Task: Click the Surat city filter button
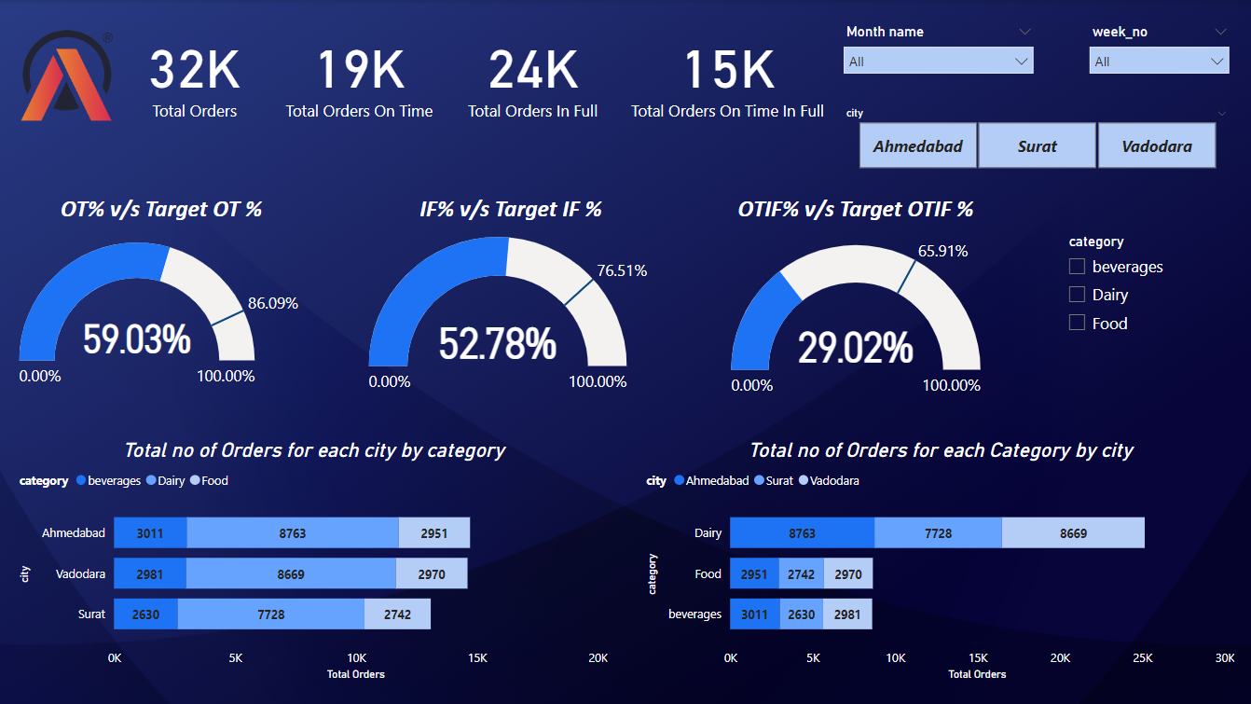click(x=1037, y=146)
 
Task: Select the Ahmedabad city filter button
click(x=917, y=146)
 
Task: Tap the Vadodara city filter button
click(x=1157, y=146)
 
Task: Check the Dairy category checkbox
click(x=1078, y=295)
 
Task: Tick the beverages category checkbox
click(x=1078, y=267)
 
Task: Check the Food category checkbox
click(x=1078, y=323)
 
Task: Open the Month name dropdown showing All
click(x=938, y=62)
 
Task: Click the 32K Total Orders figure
click(x=194, y=71)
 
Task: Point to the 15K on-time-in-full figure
click(x=728, y=71)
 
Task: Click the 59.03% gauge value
click(x=137, y=339)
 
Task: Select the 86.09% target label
click(x=272, y=303)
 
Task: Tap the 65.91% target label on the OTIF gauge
click(x=942, y=251)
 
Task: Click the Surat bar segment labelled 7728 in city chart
click(x=270, y=614)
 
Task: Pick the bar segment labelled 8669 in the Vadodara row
click(x=291, y=574)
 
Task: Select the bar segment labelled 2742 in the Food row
click(x=801, y=574)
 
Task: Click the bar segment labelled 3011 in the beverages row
click(x=753, y=614)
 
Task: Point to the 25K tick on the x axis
click(x=1142, y=657)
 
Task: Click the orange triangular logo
click(x=66, y=79)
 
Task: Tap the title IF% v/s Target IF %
click(x=510, y=209)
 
